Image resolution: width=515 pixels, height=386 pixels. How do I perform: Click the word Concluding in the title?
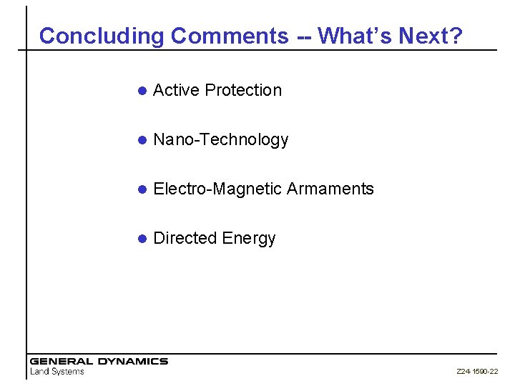pyautogui.click(x=102, y=36)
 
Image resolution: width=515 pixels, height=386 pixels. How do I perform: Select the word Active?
pyautogui.click(x=177, y=90)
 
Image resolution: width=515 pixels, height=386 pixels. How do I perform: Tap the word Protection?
pyautogui.click(x=243, y=90)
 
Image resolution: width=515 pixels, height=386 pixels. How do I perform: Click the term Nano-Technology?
pyautogui.click(x=221, y=140)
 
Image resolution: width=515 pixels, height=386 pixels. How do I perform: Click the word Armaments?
pyautogui.click(x=330, y=189)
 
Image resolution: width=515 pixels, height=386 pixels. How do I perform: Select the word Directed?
pyautogui.click(x=185, y=238)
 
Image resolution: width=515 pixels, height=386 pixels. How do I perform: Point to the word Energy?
pyautogui.click(x=249, y=239)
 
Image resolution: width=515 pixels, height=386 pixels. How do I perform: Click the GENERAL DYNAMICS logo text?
pyautogui.click(x=99, y=362)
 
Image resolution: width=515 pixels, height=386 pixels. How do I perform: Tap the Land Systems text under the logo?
pyautogui.click(x=57, y=372)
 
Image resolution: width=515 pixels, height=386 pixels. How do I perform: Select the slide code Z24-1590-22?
pyautogui.click(x=477, y=372)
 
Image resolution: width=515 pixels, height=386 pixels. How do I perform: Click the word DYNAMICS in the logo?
pyautogui.click(x=132, y=362)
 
